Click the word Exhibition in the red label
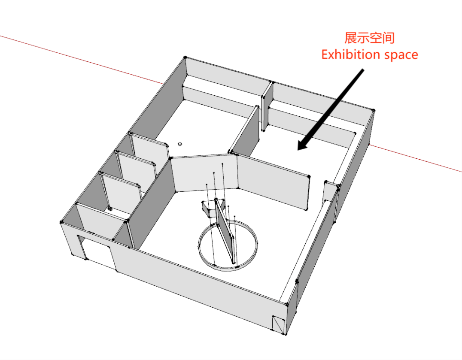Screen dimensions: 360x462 pyautogui.click(x=348, y=55)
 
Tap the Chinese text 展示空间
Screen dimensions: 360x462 pyautogui.click(x=370, y=38)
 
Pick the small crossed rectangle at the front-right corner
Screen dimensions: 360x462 pyautogui.click(x=279, y=324)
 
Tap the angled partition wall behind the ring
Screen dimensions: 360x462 pyautogui.click(x=204, y=174)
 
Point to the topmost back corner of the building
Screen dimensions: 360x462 pyautogui.click(x=185, y=57)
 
